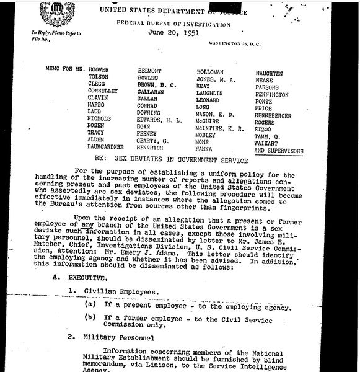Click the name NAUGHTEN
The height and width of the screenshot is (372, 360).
tap(270, 73)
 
